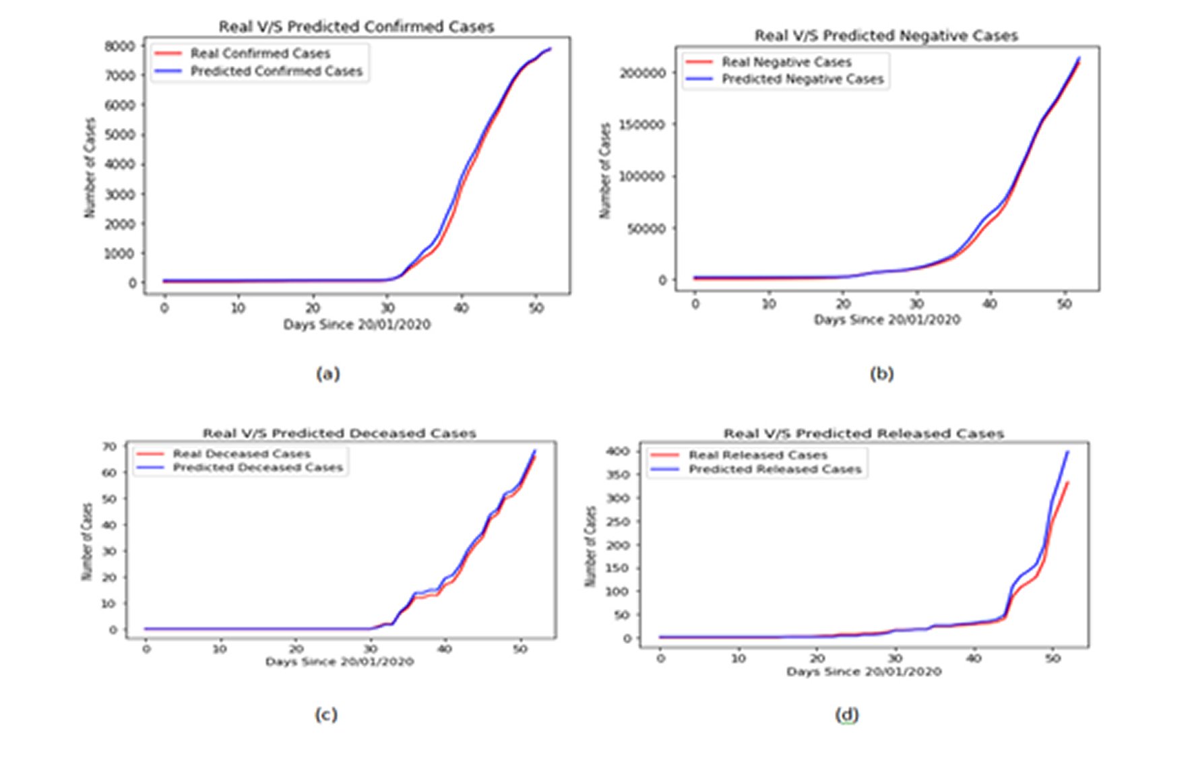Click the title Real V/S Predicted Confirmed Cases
click(356, 27)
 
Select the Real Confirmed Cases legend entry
click(260, 53)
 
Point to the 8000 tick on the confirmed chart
click(119, 46)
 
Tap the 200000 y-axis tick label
click(642, 73)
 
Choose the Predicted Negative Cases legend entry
click(802, 79)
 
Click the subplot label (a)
click(328, 374)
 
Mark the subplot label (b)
click(881, 374)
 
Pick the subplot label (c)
click(326, 714)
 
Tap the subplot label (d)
click(847, 714)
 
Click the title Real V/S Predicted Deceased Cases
click(340, 433)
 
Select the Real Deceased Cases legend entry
click(241, 454)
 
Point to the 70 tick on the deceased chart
click(109, 447)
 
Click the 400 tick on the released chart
click(618, 451)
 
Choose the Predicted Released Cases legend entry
click(775, 470)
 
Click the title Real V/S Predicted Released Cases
click(864, 433)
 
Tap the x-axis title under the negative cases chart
click(887, 319)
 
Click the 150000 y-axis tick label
click(642, 125)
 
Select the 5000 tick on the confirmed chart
click(119, 135)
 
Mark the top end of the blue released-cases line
click(1067, 452)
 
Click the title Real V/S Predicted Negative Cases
click(886, 36)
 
